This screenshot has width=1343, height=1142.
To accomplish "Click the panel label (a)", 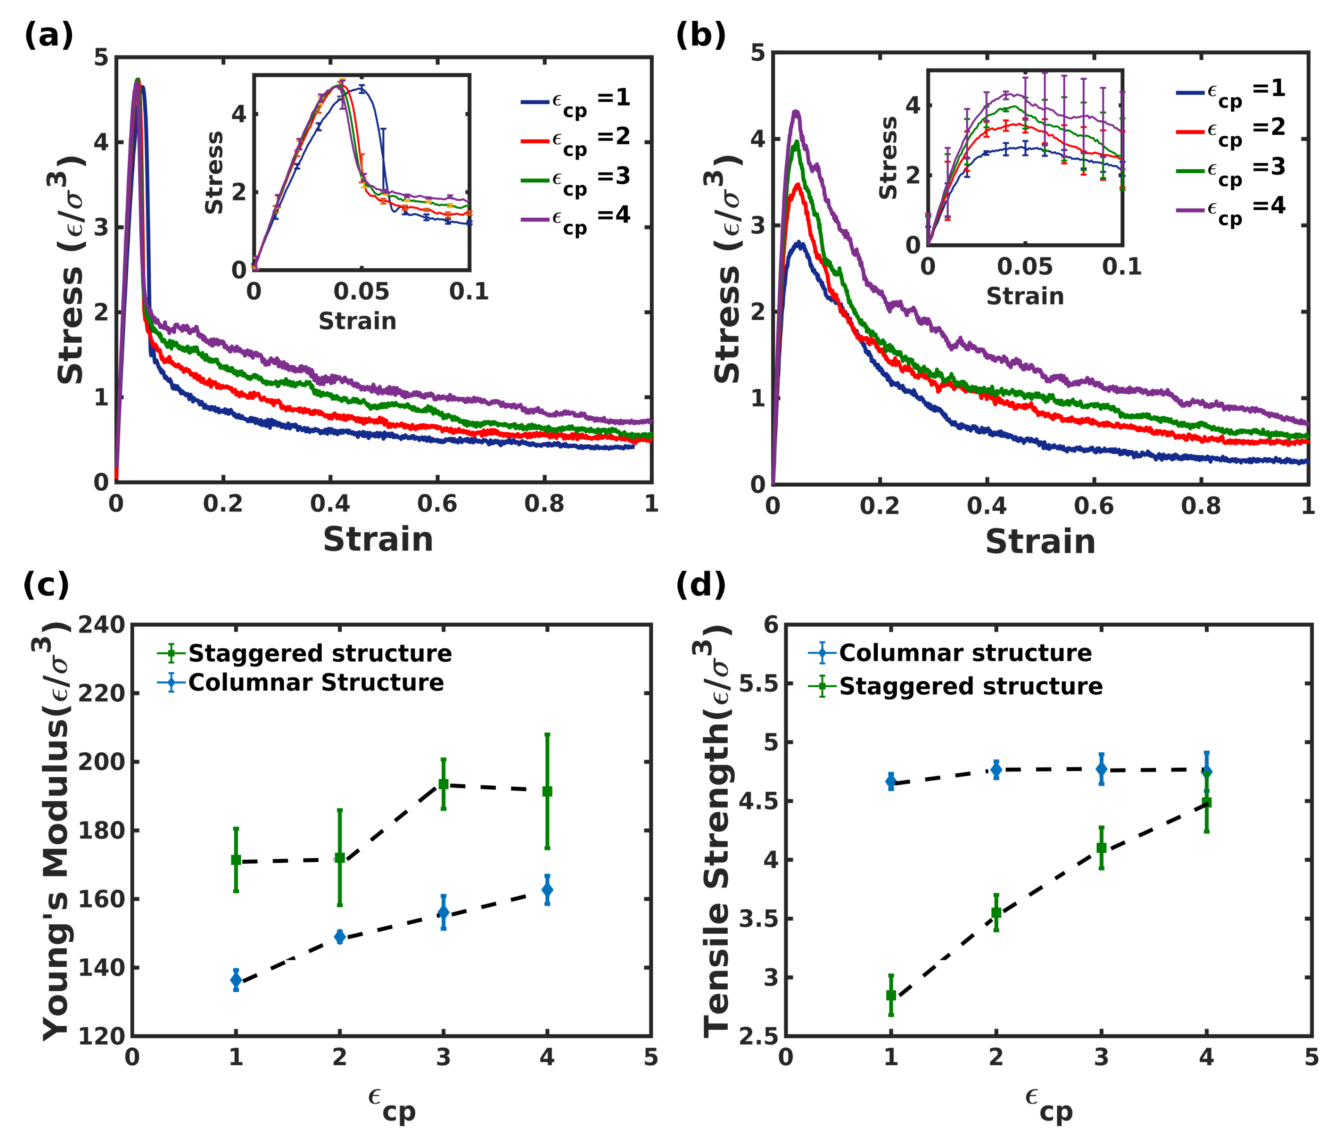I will click(49, 35).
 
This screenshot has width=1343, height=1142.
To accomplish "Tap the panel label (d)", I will click(701, 585).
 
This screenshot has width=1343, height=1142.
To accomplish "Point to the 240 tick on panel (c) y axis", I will click(102, 626).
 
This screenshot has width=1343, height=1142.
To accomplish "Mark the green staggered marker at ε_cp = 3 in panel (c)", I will click(443, 784).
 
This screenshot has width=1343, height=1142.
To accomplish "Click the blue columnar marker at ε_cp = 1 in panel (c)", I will click(236, 980).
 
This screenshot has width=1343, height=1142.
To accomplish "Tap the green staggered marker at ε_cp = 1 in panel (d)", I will click(891, 994).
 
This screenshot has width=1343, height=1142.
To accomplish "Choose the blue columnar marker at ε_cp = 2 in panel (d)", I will click(996, 769).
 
